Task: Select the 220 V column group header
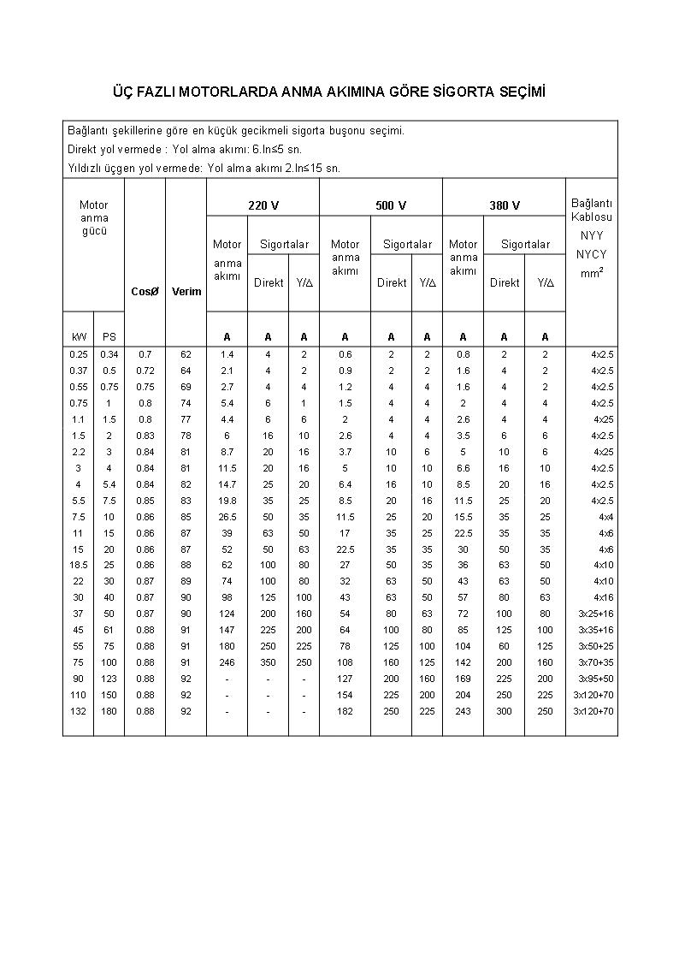tap(263, 205)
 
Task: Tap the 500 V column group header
tap(391, 205)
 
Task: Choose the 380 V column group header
tap(505, 205)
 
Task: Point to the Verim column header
tap(186, 291)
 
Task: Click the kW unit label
tap(79, 337)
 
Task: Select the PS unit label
tap(109, 337)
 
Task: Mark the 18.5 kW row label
tap(79, 565)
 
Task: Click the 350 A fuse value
tap(268, 662)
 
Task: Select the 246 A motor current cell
tap(227, 662)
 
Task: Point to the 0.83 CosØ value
tap(145, 436)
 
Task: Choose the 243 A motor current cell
tap(463, 711)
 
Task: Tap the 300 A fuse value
tap(504, 711)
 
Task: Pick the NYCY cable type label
tap(591, 254)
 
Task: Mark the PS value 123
tap(109, 679)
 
